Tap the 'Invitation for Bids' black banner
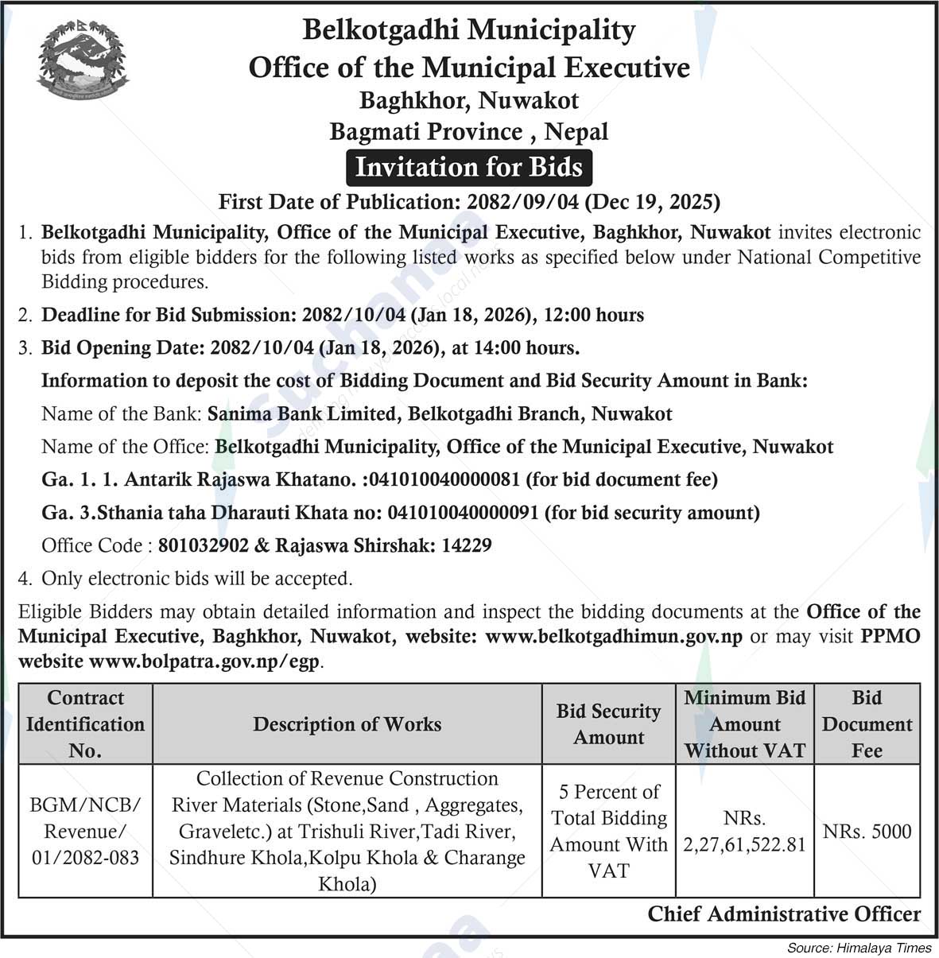[469, 168]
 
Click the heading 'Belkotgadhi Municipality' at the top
[469, 30]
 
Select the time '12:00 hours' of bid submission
[594, 315]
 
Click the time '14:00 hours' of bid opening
[526, 347]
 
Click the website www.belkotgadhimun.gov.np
[613, 637]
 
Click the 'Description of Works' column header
[347, 724]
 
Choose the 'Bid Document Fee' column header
[867, 724]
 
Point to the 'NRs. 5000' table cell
[867, 832]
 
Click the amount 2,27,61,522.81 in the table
[744, 845]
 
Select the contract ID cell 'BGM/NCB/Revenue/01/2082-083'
[85, 832]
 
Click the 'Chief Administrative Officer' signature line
[784, 914]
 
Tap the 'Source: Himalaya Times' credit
[859, 948]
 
